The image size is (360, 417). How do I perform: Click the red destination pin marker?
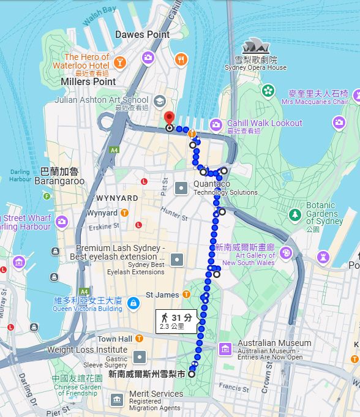tap(169, 118)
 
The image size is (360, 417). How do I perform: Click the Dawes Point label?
tap(142, 35)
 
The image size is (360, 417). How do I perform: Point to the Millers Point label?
tap(88, 81)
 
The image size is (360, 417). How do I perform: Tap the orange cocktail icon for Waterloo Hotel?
tap(120, 61)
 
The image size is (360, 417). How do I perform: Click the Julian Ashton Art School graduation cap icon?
tap(160, 100)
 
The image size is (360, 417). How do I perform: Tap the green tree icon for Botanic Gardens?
tap(295, 214)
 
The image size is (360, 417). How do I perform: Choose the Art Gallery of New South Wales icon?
tap(285, 252)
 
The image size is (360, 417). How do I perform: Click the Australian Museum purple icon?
tap(225, 348)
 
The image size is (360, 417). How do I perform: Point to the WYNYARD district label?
tap(117, 198)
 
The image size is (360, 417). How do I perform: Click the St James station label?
tap(162, 295)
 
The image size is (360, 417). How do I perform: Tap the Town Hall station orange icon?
tap(140, 339)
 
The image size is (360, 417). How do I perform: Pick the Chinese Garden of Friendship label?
tap(76, 386)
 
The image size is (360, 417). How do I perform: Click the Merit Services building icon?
tap(117, 400)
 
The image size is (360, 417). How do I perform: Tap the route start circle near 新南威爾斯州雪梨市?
tap(192, 374)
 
